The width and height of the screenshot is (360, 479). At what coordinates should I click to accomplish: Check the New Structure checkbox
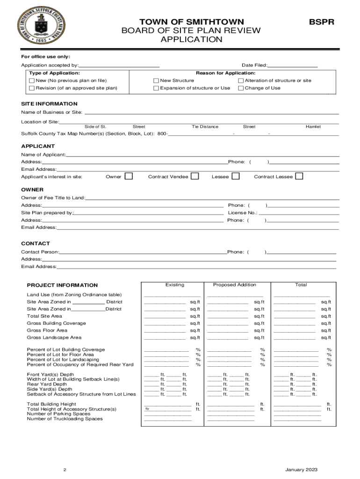pyautogui.click(x=157, y=80)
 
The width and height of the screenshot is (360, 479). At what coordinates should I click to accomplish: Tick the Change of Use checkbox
pyautogui.click(x=241, y=88)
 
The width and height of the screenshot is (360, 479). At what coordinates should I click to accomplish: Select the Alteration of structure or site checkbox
pyautogui.click(x=241, y=80)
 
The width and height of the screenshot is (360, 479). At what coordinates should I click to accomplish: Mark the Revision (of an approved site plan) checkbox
pyautogui.click(x=32, y=88)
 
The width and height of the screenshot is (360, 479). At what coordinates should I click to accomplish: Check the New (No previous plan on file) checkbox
pyautogui.click(x=32, y=80)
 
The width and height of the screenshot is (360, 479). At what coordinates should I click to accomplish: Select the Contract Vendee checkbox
pyautogui.click(x=195, y=176)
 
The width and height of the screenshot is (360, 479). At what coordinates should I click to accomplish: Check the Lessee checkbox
pyautogui.click(x=236, y=176)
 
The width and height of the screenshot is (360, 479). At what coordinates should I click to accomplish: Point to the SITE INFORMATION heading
pyautogui.click(x=49, y=104)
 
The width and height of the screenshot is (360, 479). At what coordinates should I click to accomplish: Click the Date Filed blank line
pyautogui.click(x=293, y=65)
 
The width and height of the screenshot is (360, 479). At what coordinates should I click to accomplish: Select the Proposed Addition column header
pyautogui.click(x=235, y=285)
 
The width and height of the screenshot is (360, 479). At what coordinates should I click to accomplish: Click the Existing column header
pyautogui.click(x=175, y=285)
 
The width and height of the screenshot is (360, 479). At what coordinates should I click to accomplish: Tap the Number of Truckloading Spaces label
pyautogui.click(x=65, y=419)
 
